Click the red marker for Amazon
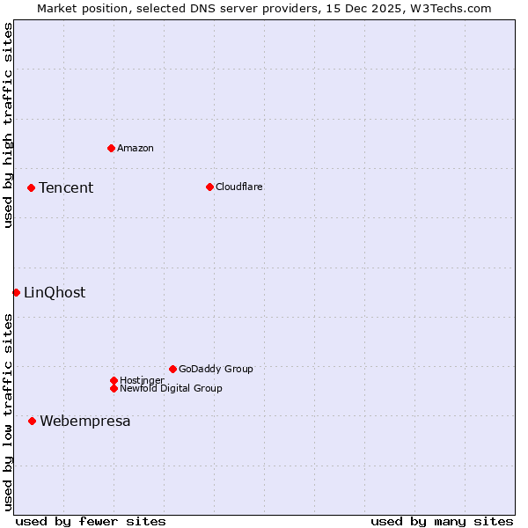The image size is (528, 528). pyautogui.click(x=111, y=148)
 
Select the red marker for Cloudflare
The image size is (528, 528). pyautogui.click(x=209, y=187)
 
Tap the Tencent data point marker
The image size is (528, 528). pyautogui.click(x=31, y=187)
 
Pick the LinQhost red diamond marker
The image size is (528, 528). pyautogui.click(x=16, y=292)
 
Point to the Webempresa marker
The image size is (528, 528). pyautogui.click(x=33, y=421)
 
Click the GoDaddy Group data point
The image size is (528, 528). pyautogui.click(x=172, y=369)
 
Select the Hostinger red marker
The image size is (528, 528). pyautogui.click(x=114, y=380)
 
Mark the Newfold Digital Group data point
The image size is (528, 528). pyautogui.click(x=114, y=388)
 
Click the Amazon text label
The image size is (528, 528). pyautogui.click(x=136, y=148)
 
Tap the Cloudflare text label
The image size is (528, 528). pyautogui.click(x=239, y=187)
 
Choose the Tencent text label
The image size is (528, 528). pyautogui.click(x=66, y=187)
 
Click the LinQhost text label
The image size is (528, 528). pyautogui.click(x=55, y=292)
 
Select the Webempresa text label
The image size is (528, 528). pyautogui.click(x=85, y=421)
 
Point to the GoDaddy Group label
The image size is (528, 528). pyautogui.click(x=216, y=369)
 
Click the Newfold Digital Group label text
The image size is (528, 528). pyautogui.click(x=172, y=388)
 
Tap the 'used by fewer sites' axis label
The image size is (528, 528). pyautogui.click(x=91, y=521)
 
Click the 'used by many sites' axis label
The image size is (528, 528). pyautogui.click(x=442, y=521)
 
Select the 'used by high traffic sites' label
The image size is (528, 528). pyautogui.click(x=8, y=125)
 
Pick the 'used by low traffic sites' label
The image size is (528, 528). pyautogui.click(x=8, y=412)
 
